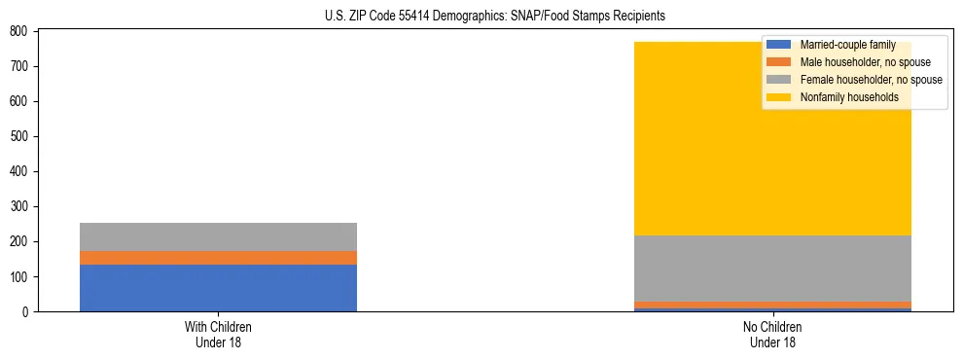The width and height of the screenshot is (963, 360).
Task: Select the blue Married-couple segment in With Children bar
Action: pos(218,288)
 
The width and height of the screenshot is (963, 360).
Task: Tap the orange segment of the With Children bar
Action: pos(218,258)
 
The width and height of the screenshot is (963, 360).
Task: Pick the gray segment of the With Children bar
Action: pos(218,236)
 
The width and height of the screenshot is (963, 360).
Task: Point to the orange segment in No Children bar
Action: pos(772,305)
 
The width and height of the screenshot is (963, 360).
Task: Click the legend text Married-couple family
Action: pos(847,45)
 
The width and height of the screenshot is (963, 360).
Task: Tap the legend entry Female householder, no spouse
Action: pos(871,80)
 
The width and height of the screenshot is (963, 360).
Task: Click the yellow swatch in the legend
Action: pos(779,97)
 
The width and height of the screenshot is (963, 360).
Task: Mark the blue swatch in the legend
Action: pos(779,45)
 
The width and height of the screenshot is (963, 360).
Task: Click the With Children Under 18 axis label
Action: pos(218,334)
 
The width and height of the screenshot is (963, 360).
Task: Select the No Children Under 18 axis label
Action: pos(772,334)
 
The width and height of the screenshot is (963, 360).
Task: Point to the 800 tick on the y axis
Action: pos(19,31)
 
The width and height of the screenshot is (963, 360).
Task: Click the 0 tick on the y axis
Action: pos(26,311)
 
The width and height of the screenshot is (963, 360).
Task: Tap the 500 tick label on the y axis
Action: pos(19,136)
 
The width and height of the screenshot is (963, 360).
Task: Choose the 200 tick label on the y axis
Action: pos(19,241)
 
